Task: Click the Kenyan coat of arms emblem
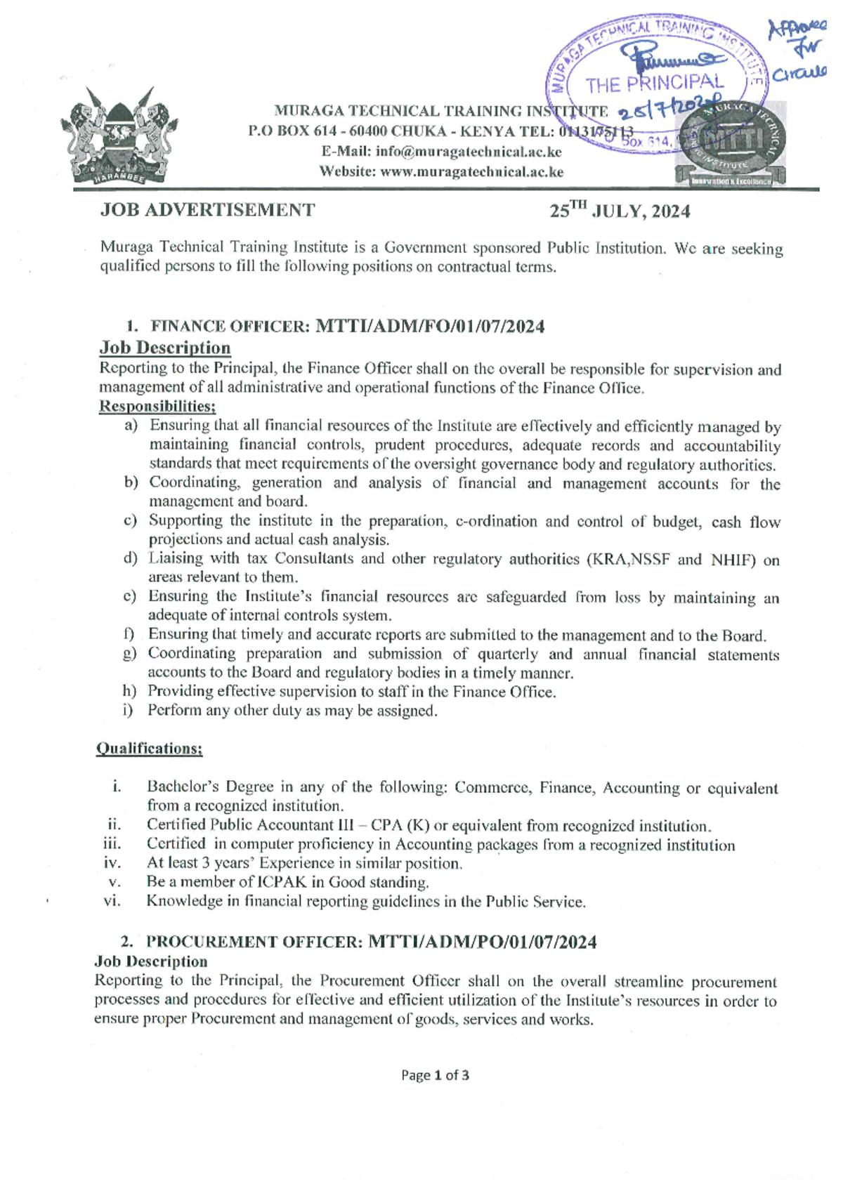click(x=118, y=136)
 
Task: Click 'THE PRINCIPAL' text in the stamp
click(x=654, y=85)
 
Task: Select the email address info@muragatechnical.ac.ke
click(x=469, y=152)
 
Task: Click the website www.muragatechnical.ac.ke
click(x=471, y=171)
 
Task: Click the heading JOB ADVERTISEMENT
click(x=208, y=210)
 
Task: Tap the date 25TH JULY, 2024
click(x=620, y=211)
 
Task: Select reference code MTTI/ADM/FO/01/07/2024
click(x=430, y=327)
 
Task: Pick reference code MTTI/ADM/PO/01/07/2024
click(x=483, y=942)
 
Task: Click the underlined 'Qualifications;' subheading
click(x=149, y=749)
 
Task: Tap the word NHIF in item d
click(x=732, y=560)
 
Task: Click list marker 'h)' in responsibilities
click(x=129, y=692)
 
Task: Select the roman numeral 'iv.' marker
click(x=112, y=863)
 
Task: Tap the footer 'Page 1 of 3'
click(x=435, y=1075)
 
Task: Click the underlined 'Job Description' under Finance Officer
click(x=165, y=348)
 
